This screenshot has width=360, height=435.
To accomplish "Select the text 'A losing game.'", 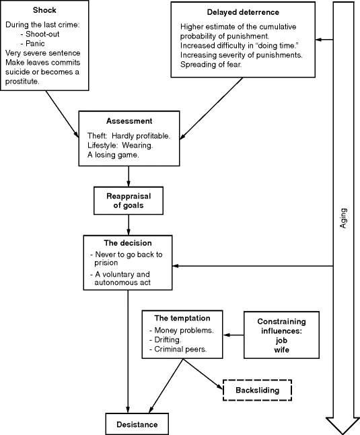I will (112, 154).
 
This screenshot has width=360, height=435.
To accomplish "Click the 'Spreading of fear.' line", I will (211, 65).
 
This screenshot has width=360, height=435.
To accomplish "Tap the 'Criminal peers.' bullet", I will (180, 350).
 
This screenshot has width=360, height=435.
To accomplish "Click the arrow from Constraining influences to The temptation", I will (233, 335).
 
